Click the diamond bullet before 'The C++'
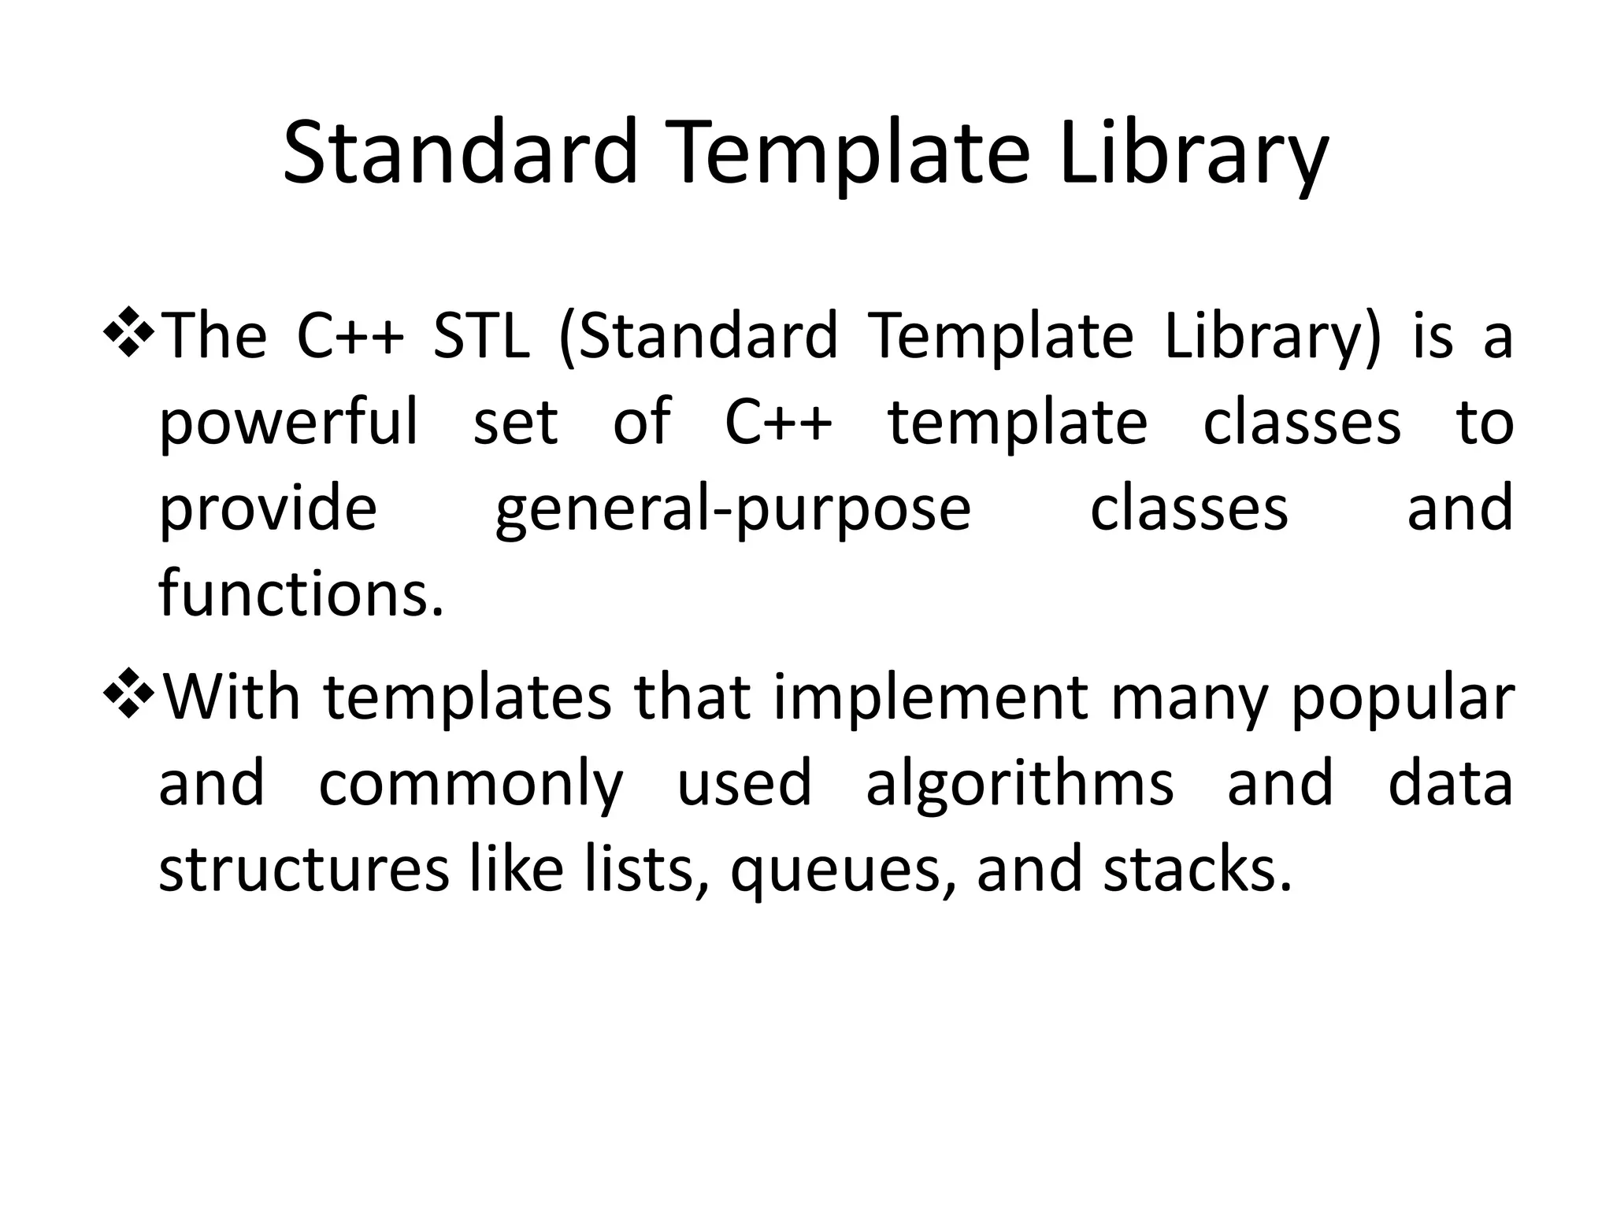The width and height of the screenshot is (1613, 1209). (128, 331)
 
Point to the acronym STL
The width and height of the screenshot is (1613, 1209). (481, 337)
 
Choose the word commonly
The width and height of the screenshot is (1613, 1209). (470, 786)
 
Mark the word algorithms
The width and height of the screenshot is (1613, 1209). (1019, 786)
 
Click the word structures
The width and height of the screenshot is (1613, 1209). (303, 869)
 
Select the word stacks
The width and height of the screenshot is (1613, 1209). (1197, 869)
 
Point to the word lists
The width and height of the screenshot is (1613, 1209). (643, 869)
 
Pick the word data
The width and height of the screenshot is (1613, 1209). (1450, 784)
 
